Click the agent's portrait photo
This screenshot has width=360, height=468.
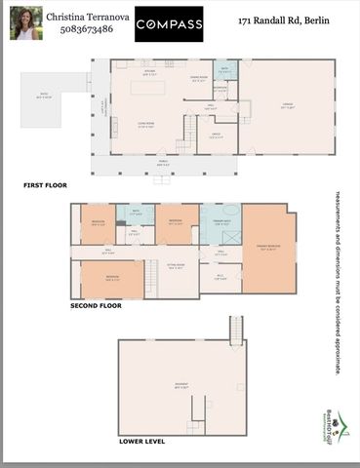pos(25,22)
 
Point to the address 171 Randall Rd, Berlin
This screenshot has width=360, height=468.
pos(285,20)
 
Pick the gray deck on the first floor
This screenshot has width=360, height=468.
pos(44,95)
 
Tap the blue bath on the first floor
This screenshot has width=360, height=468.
pos(225,69)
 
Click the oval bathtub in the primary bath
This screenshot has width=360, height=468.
pos(230,211)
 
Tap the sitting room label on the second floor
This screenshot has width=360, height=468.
pos(176,266)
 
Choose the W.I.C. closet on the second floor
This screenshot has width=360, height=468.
pos(220,277)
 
